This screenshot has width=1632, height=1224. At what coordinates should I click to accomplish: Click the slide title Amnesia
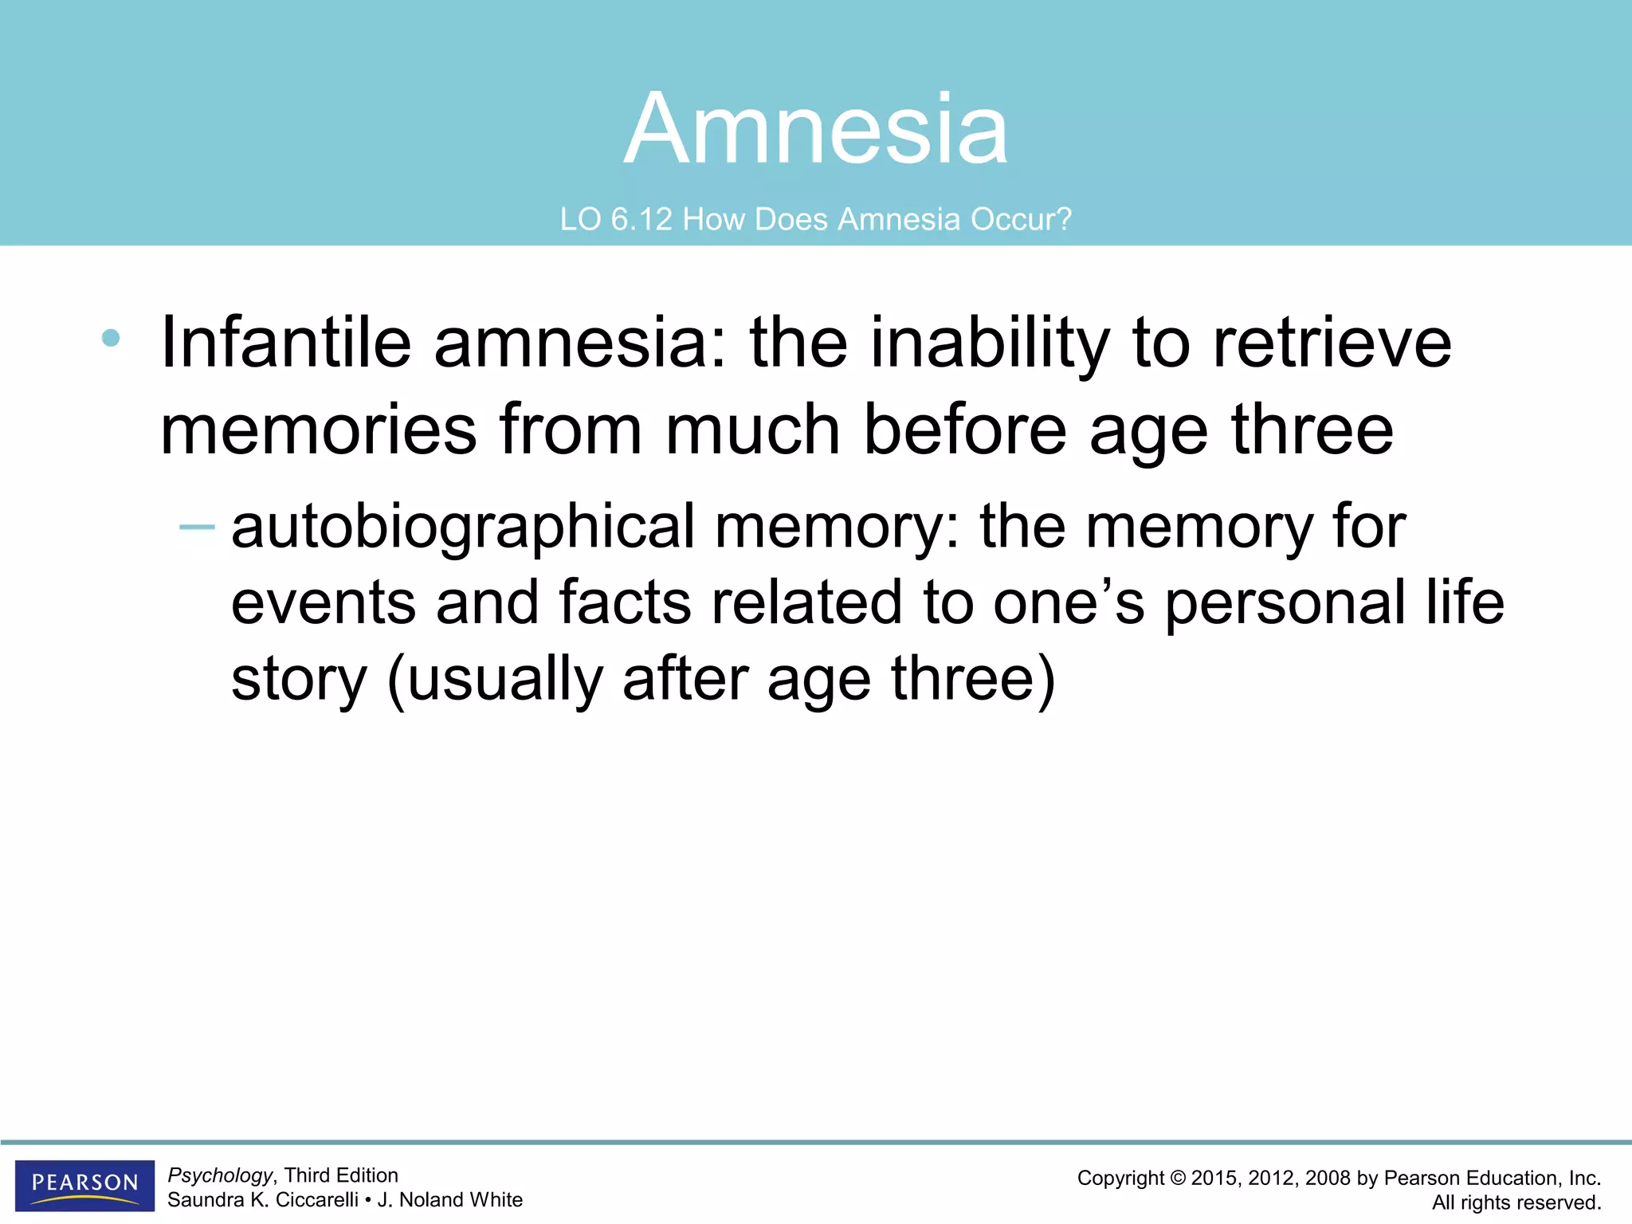[x=816, y=129]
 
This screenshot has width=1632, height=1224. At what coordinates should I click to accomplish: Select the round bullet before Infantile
[x=111, y=338]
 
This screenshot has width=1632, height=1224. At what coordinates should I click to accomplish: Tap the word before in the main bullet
[x=964, y=430]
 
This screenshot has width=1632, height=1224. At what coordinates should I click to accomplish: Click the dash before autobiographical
[x=197, y=527]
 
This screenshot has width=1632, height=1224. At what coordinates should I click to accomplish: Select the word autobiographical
[x=463, y=528]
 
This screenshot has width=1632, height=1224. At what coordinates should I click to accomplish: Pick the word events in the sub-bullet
[x=323, y=603]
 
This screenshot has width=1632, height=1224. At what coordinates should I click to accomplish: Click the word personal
[x=1285, y=603]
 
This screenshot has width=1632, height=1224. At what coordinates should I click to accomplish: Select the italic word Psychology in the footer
[x=220, y=1175]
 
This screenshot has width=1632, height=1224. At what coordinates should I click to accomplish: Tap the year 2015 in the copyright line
[x=1214, y=1178]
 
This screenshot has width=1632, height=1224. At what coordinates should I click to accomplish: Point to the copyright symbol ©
[x=1178, y=1178]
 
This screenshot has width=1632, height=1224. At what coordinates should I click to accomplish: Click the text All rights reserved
[x=1516, y=1202]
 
